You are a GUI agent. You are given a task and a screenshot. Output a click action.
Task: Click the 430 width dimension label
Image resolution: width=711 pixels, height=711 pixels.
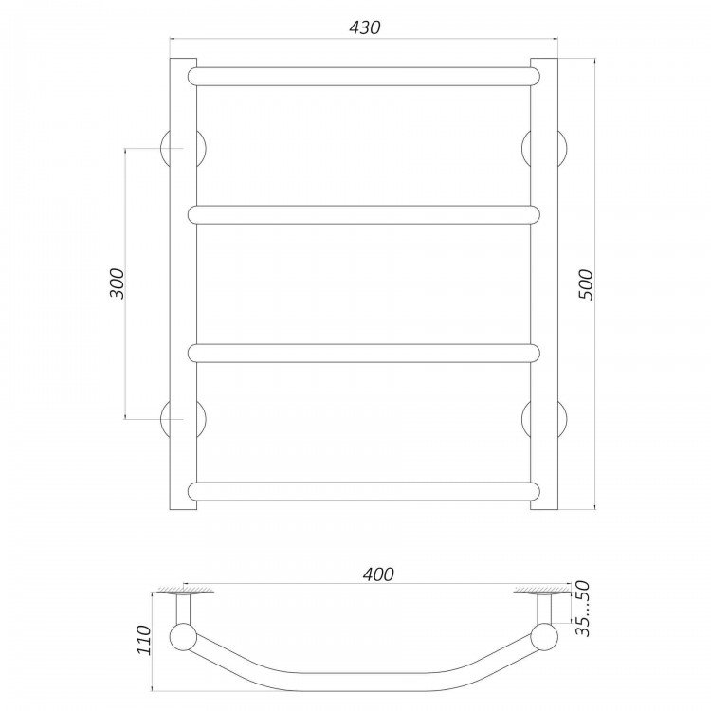pos(365,27)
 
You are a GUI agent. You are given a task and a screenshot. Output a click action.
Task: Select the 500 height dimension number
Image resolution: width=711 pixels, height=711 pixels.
pos(586,284)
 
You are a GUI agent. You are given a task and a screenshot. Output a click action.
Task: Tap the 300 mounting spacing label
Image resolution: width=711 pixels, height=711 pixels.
pos(117,283)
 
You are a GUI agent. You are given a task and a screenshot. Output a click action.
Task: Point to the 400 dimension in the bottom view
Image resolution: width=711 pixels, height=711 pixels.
pos(378,574)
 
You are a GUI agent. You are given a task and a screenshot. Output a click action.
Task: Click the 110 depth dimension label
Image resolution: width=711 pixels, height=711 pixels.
pos(144,640)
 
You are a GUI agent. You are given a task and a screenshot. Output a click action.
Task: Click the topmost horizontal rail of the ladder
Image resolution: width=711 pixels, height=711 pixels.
pos(364,77)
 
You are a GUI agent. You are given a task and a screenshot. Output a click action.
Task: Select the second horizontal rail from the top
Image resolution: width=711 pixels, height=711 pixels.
pos(364,215)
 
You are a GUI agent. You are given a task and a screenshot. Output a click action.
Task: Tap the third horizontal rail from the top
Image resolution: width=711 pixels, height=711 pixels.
pos(364,354)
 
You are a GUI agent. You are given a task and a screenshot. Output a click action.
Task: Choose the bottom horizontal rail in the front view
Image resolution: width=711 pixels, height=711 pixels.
pos(364,492)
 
